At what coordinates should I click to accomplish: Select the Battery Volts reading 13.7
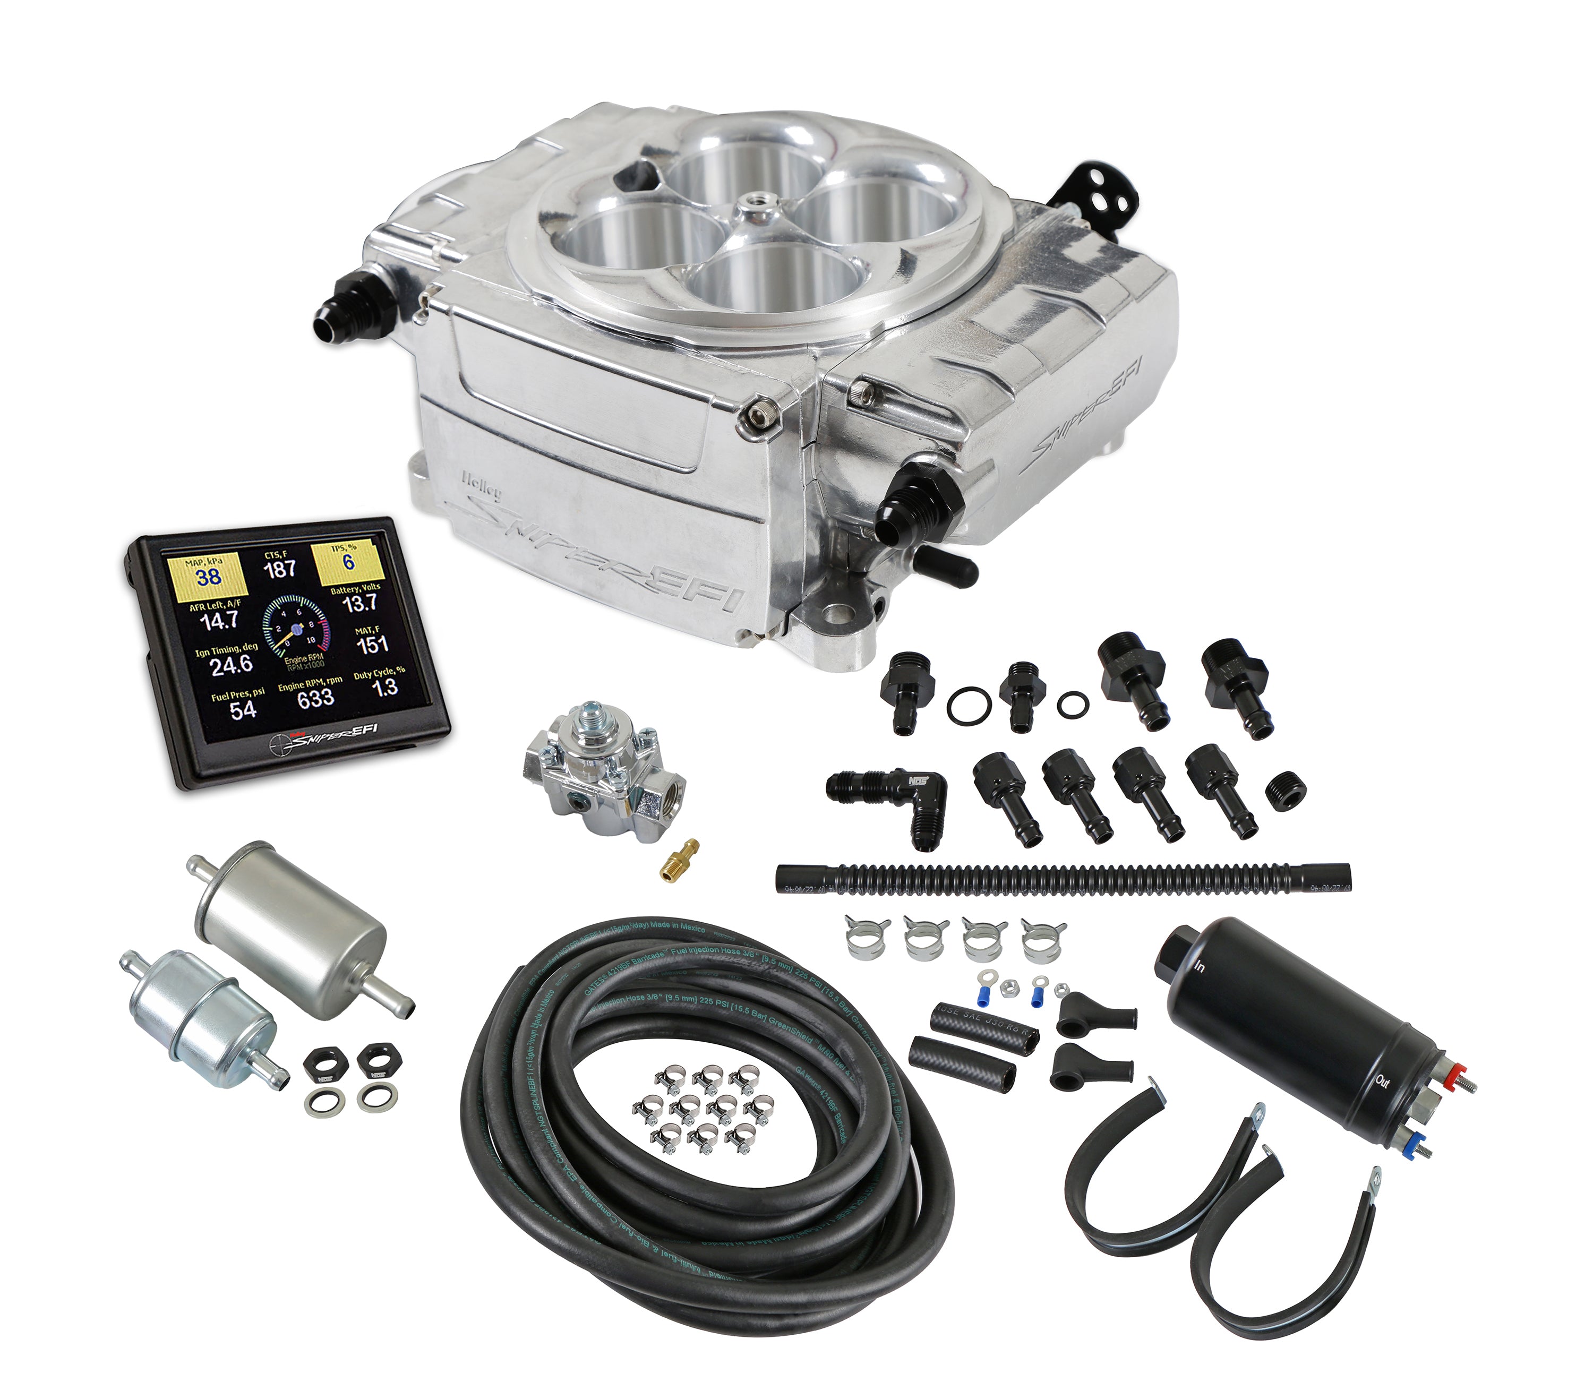(x=359, y=603)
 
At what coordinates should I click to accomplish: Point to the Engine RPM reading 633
(x=315, y=698)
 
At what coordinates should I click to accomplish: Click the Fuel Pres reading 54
(x=242, y=709)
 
